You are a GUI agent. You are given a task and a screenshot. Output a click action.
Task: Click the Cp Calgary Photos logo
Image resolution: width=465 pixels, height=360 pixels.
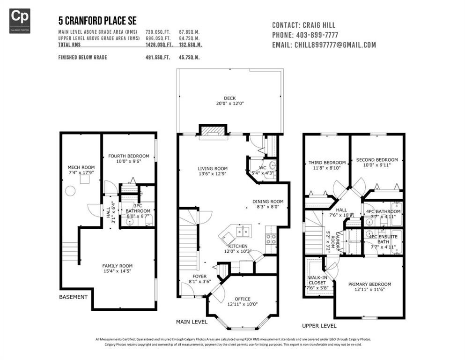(x=20, y=21)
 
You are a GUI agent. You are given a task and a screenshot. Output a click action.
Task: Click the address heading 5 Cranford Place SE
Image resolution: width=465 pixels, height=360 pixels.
(x=97, y=21)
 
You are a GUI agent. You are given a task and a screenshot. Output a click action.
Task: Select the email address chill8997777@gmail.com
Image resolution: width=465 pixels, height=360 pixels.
(x=335, y=45)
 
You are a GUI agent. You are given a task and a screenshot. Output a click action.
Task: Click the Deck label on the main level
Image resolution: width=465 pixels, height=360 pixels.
(x=229, y=98)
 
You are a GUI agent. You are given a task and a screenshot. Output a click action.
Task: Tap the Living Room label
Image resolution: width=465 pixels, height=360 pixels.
(x=212, y=169)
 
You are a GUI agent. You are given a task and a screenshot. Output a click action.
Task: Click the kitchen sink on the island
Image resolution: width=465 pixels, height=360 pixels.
(x=243, y=231)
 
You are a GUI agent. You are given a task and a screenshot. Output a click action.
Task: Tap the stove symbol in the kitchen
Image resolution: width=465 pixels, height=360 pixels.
(x=271, y=237)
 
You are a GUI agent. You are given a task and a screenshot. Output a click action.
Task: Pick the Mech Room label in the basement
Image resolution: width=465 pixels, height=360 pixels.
(x=81, y=167)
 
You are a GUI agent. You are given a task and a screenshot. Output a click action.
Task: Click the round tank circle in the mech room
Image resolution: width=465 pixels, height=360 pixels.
(x=70, y=191)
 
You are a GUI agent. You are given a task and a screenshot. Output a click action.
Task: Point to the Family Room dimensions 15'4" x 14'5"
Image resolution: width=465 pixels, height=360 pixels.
(x=117, y=272)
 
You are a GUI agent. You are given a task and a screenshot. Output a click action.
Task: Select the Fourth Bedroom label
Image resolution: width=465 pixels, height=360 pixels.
(x=128, y=156)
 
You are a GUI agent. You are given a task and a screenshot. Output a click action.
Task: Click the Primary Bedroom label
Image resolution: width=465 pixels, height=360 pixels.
(x=369, y=284)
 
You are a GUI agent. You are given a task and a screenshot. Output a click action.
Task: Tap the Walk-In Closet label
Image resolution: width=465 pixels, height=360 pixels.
(x=318, y=280)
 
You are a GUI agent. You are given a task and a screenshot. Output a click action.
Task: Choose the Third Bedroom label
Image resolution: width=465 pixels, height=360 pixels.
(x=327, y=163)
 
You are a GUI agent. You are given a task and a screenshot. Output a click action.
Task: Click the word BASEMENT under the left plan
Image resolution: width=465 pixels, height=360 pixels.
(x=73, y=297)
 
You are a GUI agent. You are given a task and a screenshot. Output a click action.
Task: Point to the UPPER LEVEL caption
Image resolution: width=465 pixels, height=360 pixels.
(x=319, y=326)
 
